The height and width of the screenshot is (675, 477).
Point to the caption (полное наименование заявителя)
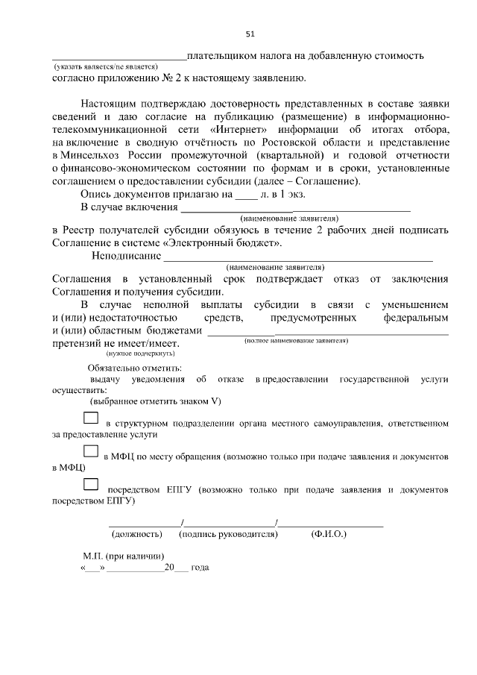point(297,340)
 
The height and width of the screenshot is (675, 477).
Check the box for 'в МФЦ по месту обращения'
point(90,451)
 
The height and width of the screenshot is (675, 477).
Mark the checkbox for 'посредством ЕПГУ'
point(90,486)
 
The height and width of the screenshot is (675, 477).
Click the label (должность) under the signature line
point(136,534)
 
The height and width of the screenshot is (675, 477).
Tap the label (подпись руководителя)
point(228,534)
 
